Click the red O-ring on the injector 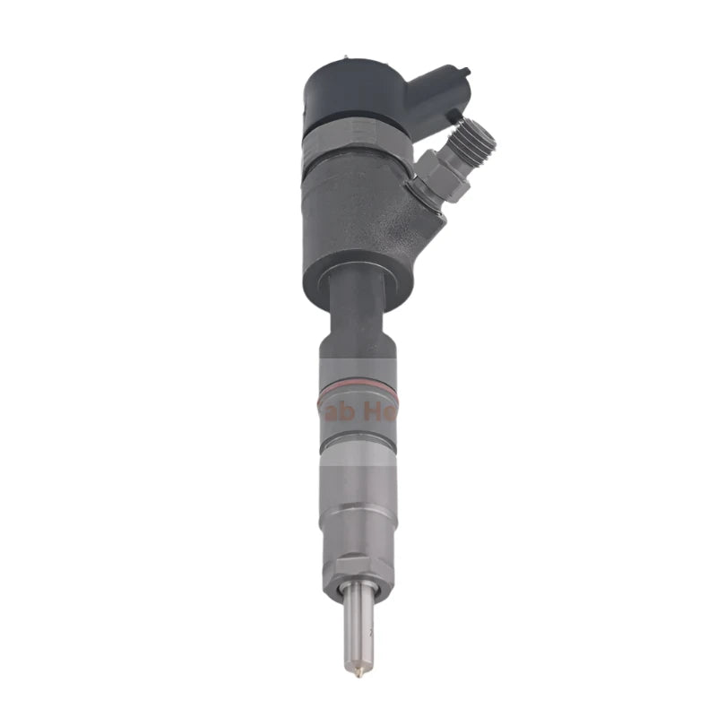(x=358, y=387)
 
